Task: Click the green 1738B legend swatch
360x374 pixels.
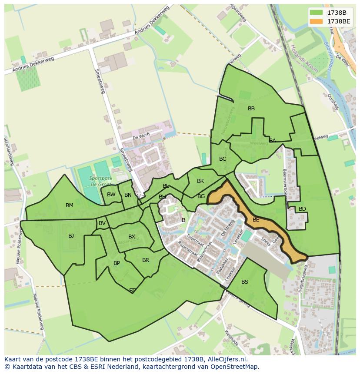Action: (317, 12)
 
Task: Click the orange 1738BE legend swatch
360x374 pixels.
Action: (317, 21)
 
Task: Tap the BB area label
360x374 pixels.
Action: (251, 109)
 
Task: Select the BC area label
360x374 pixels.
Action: (223, 159)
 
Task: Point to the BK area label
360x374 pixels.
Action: (200, 181)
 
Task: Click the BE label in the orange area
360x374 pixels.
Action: (256, 220)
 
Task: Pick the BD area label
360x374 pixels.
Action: (302, 209)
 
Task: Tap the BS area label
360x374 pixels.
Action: (245, 282)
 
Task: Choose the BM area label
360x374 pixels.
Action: (70, 205)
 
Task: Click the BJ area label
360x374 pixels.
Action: (71, 236)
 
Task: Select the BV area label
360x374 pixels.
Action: (102, 223)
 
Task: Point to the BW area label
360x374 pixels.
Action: (111, 195)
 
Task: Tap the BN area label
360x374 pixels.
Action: (128, 195)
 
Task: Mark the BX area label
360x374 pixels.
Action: (132, 237)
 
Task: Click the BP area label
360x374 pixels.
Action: (117, 263)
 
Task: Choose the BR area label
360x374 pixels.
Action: (146, 260)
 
